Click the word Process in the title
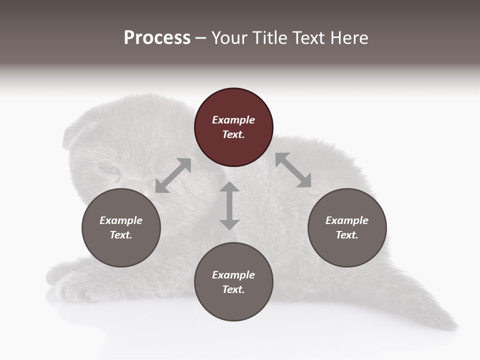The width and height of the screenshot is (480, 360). click(157, 38)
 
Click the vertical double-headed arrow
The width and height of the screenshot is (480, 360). click(229, 205)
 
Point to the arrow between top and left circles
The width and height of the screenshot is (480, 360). click(173, 175)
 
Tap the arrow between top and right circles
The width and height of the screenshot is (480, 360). click(293, 170)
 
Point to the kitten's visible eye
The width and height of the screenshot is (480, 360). click(110, 170)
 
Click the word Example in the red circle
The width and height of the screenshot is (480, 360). click(233, 120)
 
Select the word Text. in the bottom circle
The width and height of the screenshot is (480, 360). click(233, 289)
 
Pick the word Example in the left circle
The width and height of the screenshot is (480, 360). click(121, 220)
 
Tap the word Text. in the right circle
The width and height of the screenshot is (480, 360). click(347, 235)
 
